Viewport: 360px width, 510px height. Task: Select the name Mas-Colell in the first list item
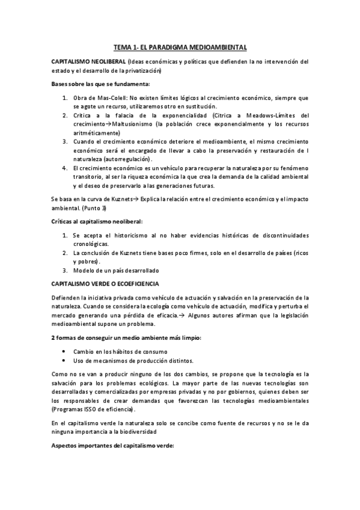tap(107, 97)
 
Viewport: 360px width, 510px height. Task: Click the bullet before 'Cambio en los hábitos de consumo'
tap(64, 351)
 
